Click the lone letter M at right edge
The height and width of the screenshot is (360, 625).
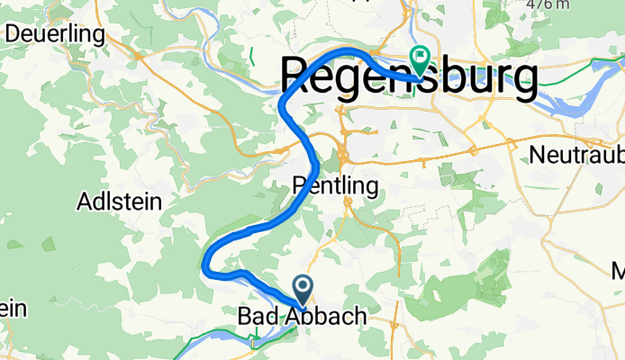619,271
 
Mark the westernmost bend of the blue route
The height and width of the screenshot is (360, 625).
206,261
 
